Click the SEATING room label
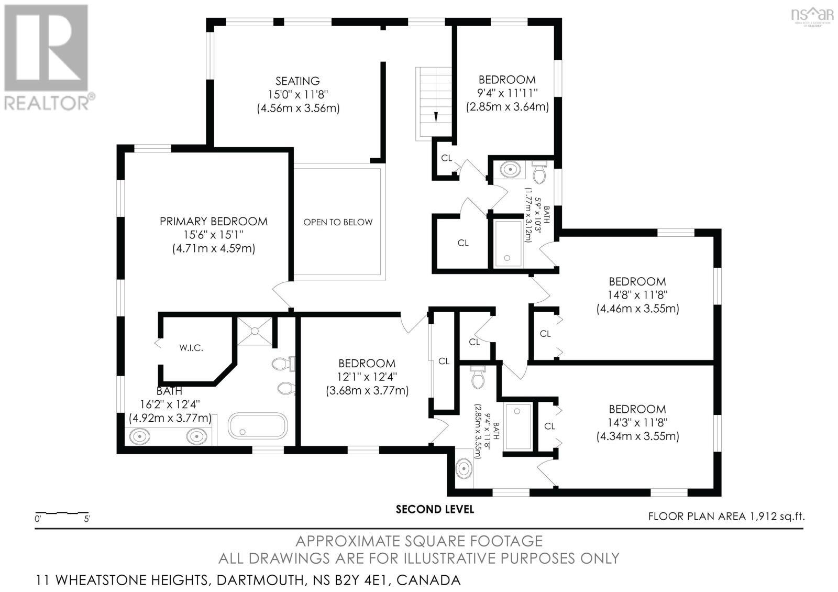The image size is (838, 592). pos(297,81)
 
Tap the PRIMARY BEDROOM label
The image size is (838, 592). pos(213,222)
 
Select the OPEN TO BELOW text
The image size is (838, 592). pos(338,222)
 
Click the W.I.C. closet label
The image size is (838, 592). pos(191,348)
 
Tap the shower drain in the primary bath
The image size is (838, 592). pos(255,331)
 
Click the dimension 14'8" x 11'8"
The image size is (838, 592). pos(637,295)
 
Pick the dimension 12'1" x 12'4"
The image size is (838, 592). pos(367,377)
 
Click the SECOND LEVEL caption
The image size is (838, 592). pos(435,509)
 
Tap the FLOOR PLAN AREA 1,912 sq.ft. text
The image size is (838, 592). pos(726,517)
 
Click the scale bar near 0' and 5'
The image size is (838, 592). pos(61,512)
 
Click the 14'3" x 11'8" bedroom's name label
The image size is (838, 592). pos(637,409)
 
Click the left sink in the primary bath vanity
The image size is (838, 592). pos(140,436)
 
